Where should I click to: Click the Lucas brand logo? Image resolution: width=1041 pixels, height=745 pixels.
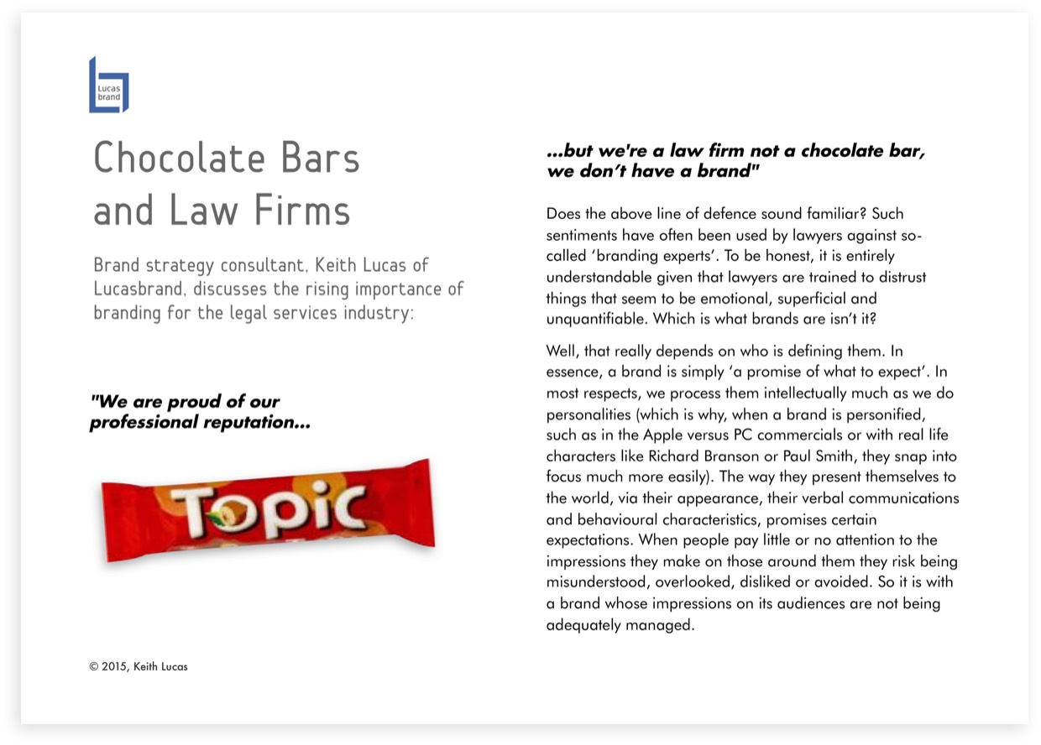(109, 86)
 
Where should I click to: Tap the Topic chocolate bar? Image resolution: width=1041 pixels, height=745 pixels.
(268, 510)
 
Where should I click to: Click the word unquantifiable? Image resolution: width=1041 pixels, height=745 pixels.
(597, 319)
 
